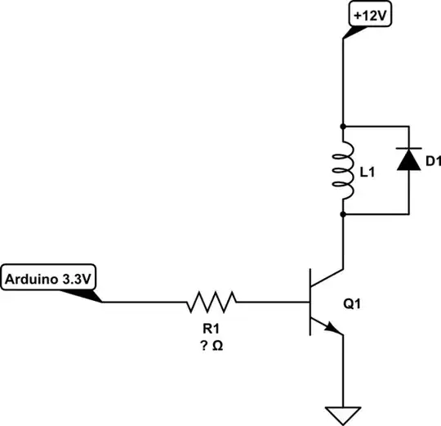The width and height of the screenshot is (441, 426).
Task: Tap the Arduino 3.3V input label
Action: pos(49,278)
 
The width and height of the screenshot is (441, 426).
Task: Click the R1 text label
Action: pos(212,328)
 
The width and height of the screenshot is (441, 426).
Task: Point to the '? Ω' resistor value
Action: pos(212,345)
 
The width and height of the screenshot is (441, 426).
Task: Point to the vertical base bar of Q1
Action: pos(310,302)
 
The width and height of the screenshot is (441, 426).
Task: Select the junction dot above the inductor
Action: pos(343,127)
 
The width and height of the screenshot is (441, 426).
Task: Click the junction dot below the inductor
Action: pos(343,214)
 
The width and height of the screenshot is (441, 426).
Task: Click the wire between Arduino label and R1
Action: pos(143,302)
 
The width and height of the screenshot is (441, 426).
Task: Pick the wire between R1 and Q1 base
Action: pos(274,302)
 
